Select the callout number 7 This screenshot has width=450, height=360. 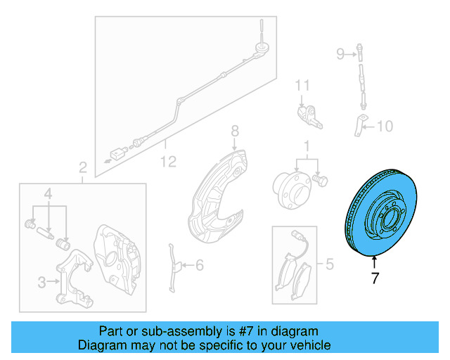375,278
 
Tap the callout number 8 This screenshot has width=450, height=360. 235,131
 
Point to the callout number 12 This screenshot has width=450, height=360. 167,162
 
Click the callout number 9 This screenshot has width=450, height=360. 340,53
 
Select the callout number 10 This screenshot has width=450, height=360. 385,127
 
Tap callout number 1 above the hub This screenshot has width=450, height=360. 307,146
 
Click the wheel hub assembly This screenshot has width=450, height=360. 292,187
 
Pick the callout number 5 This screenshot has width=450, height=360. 328,265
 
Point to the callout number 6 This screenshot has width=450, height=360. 199,265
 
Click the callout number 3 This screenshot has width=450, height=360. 41,283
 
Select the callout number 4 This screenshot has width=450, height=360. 49,193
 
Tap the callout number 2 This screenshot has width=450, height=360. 82,167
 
